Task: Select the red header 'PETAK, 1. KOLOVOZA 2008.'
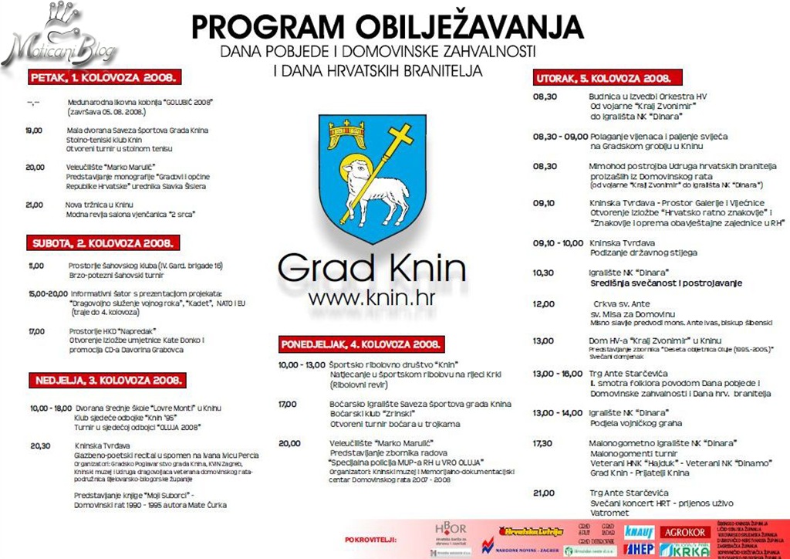(106, 77)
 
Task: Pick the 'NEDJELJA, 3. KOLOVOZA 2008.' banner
(108, 380)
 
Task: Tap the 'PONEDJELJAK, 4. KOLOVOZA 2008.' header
(361, 344)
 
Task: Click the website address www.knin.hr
(372, 298)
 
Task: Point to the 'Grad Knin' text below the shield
(372, 269)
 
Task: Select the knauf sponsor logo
(640, 532)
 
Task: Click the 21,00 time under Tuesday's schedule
(543, 492)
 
